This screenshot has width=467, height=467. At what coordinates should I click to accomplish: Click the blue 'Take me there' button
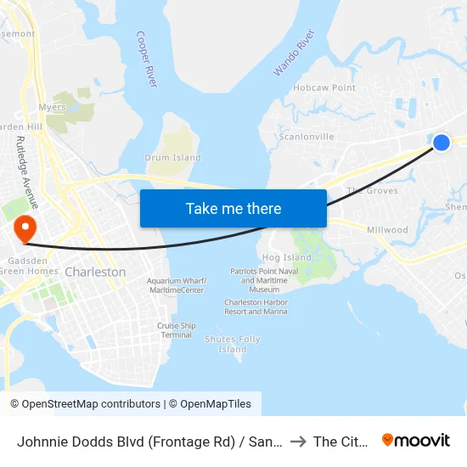233,208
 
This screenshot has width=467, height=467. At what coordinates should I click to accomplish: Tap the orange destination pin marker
24,228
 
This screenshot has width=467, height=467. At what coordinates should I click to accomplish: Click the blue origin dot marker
442,143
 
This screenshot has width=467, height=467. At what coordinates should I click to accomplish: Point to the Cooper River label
147,59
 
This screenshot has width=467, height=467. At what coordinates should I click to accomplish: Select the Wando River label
294,53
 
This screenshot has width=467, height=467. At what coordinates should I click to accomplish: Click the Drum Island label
173,157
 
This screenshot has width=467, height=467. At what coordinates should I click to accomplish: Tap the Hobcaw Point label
324,87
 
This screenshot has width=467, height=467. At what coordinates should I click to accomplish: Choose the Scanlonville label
307,137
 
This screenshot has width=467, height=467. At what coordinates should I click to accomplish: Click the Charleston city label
95,272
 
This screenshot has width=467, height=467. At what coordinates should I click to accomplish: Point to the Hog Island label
287,257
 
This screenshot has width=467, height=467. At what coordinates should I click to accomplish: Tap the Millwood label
387,230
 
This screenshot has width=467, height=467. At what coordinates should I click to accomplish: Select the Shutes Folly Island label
233,344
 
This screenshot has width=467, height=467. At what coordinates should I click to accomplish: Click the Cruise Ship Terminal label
177,330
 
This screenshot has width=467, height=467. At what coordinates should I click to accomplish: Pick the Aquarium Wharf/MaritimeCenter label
176,285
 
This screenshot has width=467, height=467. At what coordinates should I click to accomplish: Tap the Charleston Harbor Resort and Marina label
256,307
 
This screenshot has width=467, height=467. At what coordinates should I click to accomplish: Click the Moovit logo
416,440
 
